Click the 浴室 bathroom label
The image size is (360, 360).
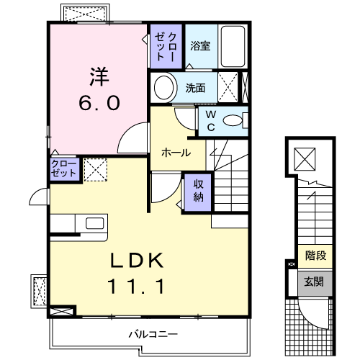[x=200, y=46]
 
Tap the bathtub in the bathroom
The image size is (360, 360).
[x=233, y=46]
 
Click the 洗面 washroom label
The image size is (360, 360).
[x=196, y=89]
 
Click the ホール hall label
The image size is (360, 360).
[x=176, y=153]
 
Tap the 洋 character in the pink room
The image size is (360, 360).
[x=99, y=75]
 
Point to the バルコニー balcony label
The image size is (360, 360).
[x=153, y=334]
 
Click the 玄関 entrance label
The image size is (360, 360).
[x=314, y=281]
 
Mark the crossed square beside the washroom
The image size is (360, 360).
[x=229, y=88]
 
